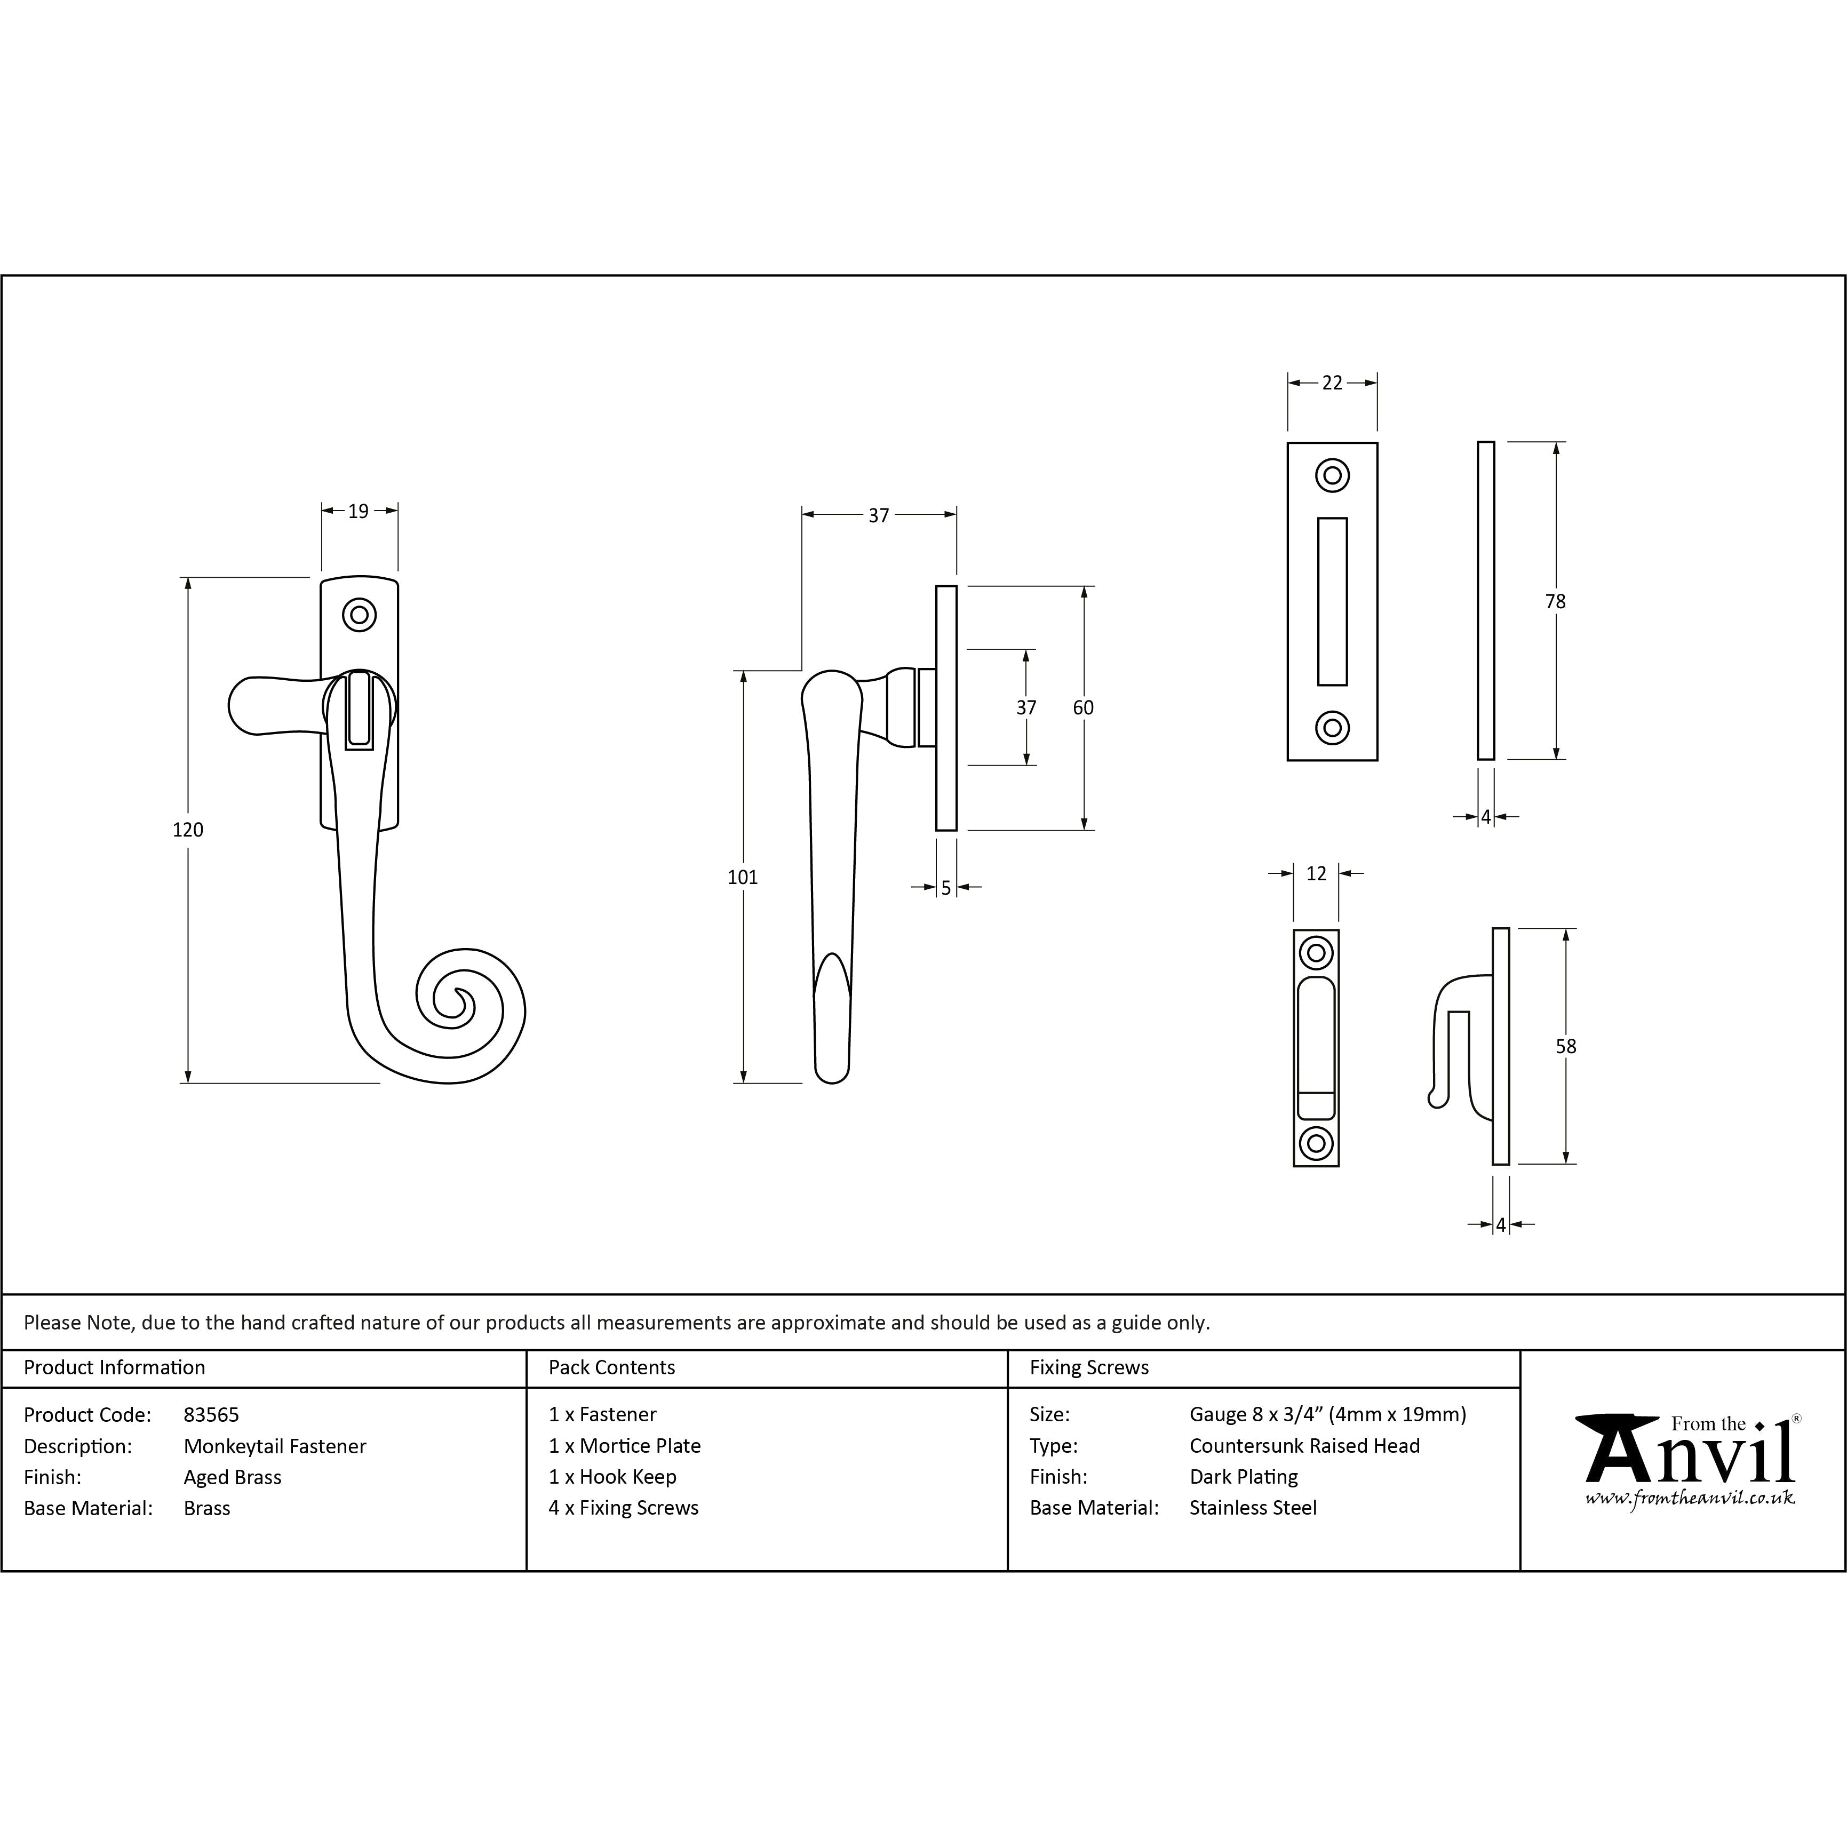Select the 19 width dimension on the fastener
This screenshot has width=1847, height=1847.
[x=359, y=512]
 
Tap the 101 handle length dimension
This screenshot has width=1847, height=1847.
[x=742, y=877]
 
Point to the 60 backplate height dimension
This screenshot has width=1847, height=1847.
[x=1083, y=707]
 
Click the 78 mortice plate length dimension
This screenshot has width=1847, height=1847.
[x=1555, y=601]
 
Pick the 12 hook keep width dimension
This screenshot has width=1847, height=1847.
[x=1316, y=873]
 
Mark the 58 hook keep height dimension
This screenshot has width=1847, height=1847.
[x=1566, y=1046]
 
